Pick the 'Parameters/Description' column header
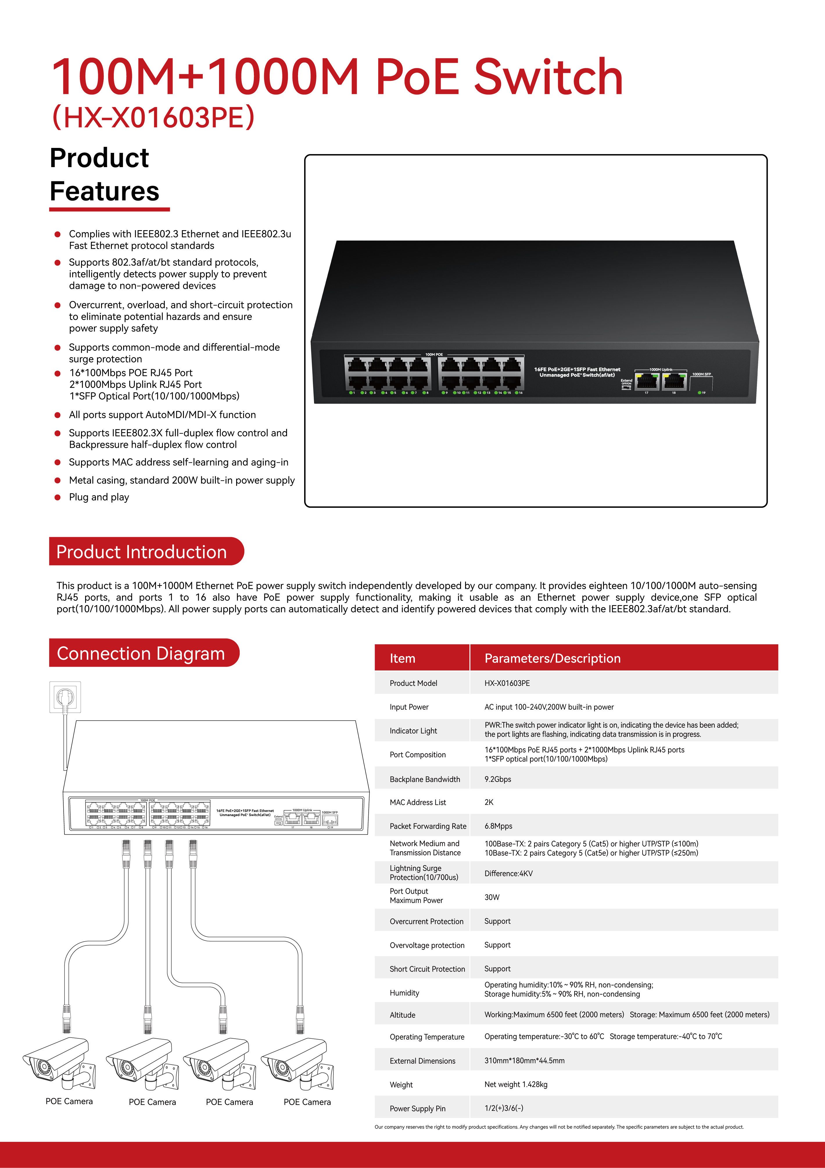(553, 658)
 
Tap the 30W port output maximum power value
(492, 897)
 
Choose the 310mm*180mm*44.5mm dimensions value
(524, 1061)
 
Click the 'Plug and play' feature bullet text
(99, 497)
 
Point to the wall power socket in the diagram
(65, 697)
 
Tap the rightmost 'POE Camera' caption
(307, 1102)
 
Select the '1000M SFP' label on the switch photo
(702, 374)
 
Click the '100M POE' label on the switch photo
(434, 355)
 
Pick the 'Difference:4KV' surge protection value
(509, 873)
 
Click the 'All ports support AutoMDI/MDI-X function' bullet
(162, 415)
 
